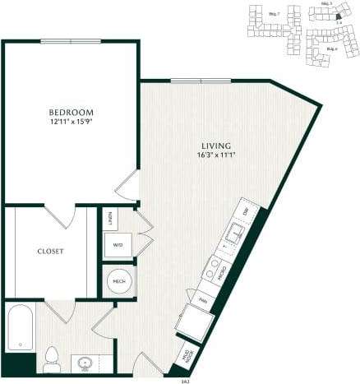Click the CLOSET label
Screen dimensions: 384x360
coord(50,251)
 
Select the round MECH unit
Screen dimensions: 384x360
coord(118,281)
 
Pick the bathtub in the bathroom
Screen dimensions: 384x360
coord(19,326)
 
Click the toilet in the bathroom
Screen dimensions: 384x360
coord(53,358)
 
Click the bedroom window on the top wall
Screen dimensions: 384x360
coord(71,40)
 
